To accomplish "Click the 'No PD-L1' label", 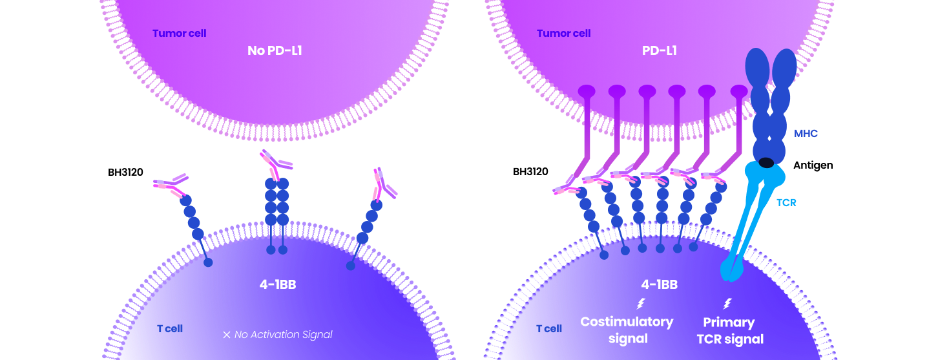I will tap(275, 50).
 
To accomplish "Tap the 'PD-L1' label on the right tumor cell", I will tap(659, 50).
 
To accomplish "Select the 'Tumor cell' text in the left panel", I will tap(179, 33).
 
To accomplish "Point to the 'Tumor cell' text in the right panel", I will tap(563, 33).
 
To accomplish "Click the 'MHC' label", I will tap(806, 134).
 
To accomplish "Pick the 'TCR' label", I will tap(786, 202).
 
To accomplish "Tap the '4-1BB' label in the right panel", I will tap(659, 284).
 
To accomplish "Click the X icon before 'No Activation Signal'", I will tap(226, 335).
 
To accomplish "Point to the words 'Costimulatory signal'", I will tap(627, 330).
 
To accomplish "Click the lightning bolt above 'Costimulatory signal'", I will tap(641, 303).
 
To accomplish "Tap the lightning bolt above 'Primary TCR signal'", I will tap(727, 303).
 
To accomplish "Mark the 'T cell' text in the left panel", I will tap(170, 328).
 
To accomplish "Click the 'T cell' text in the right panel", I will tap(549, 328).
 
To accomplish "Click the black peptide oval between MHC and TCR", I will tap(766, 162).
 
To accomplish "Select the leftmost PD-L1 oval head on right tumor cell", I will tap(587, 91).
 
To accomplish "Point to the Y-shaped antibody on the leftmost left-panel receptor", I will tap(171, 184).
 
